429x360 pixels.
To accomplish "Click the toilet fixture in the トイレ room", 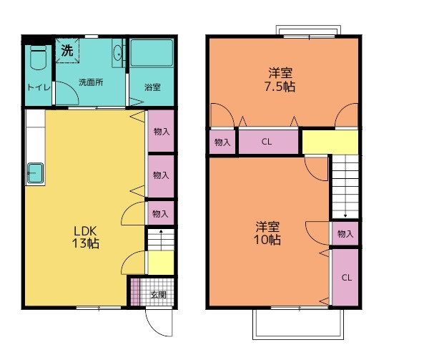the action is [38, 57].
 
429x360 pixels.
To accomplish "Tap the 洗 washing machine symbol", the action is [67, 51].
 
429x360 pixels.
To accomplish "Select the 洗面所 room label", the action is [91, 82].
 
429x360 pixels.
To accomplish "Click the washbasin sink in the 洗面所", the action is [118, 53].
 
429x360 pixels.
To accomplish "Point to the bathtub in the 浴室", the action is [152, 53].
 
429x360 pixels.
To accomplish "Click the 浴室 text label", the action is [152, 87].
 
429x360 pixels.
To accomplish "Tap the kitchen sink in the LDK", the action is [35, 173].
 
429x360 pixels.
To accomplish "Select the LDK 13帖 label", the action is [85, 237].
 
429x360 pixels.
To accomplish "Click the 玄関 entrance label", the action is [158, 295].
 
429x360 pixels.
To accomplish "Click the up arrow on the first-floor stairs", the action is [161, 240].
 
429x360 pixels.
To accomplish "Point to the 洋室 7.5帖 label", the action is [280, 79].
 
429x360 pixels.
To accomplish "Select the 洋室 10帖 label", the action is [267, 233].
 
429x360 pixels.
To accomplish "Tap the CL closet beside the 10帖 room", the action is [345, 277].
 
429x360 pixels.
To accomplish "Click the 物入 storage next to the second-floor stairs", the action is [345, 233].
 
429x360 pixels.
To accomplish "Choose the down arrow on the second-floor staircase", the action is [345, 186].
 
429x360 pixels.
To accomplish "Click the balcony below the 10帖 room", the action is [298, 324].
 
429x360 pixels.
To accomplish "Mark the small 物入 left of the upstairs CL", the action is [222, 142].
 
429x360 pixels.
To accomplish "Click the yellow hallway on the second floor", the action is [330, 142].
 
